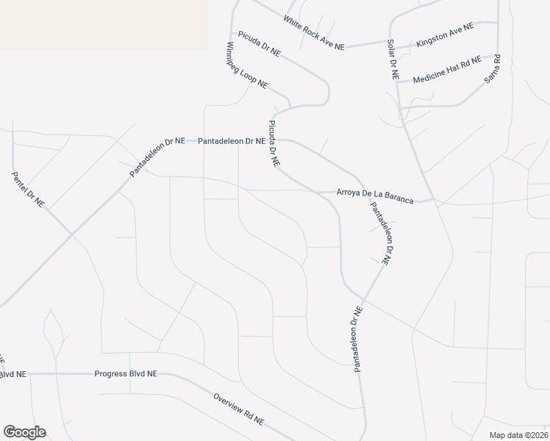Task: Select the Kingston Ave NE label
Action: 446,35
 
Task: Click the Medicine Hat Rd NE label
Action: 446,69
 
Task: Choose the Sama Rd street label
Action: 493,68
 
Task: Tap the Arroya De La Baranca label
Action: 374,196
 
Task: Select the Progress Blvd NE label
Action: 126,373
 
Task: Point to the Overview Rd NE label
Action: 239,407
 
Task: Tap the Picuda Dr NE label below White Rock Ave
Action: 259,43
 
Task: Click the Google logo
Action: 24,432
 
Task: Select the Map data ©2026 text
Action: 518,435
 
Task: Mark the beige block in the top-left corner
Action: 103,24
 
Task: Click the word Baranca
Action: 397,198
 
